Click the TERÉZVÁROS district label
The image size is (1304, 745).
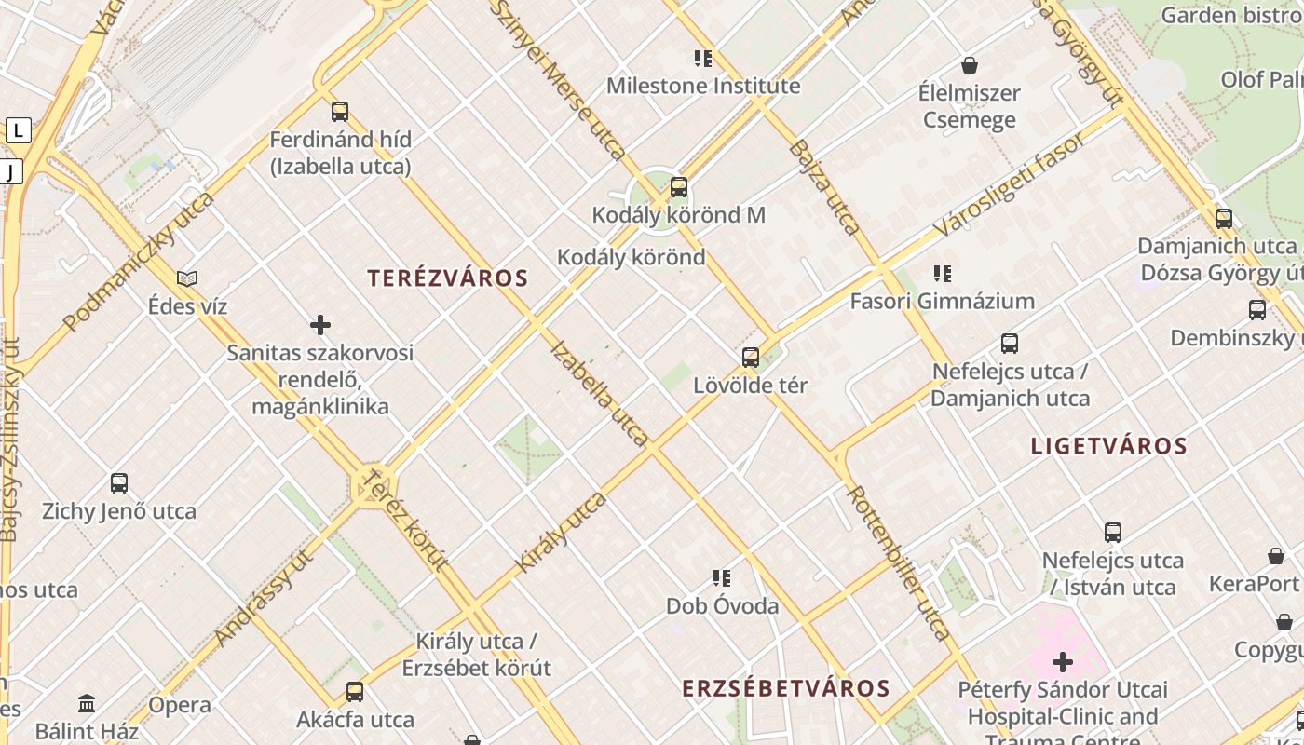[447, 278]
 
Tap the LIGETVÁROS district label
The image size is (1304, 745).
[1108, 446]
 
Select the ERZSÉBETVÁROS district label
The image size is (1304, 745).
[786, 688]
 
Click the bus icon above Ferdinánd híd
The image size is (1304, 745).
[340, 112]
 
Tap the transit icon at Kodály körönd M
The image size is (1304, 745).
[679, 187]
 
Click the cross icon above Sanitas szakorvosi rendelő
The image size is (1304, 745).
[320, 325]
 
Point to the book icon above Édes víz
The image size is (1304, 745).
[187, 278]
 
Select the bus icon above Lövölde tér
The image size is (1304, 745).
[751, 357]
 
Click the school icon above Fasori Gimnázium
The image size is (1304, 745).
[943, 274]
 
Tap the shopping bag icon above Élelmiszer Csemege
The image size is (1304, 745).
[970, 65]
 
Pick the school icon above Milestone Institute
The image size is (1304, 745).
[703, 59]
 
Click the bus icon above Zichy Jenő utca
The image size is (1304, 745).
[119, 483]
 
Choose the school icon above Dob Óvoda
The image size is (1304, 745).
[722, 578]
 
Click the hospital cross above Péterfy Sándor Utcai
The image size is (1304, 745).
[1063, 662]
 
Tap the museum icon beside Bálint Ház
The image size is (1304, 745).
[87, 703]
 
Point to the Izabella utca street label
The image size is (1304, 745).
[600, 393]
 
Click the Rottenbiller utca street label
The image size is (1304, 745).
[900, 562]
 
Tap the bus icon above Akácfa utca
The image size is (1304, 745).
[355, 692]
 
